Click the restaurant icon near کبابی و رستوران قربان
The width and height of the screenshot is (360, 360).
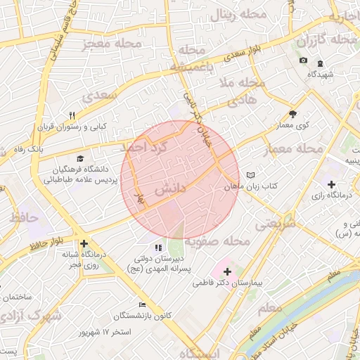click(x=72, y=116)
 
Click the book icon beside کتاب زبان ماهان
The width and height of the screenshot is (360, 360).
click(x=251, y=176)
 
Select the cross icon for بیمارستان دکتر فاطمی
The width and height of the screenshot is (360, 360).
click(x=227, y=271)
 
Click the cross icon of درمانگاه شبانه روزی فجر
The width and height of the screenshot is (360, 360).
click(x=84, y=243)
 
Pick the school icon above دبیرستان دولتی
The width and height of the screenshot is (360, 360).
click(x=159, y=247)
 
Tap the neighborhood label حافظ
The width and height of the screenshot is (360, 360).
click(x=23, y=217)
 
